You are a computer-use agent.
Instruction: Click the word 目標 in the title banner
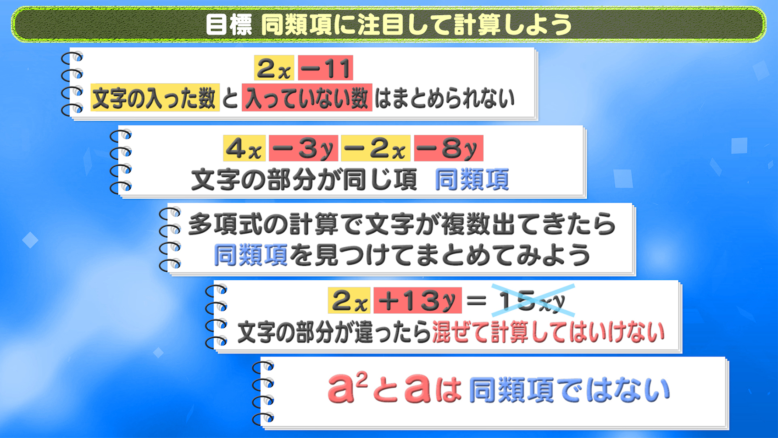coord(229,24)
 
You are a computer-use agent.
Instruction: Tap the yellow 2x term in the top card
coord(274,68)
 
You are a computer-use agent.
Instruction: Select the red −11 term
coord(325,68)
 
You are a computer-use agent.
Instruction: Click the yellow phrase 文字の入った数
coord(155,98)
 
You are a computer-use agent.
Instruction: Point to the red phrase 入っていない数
coord(307,98)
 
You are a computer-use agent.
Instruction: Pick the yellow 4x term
coord(244,149)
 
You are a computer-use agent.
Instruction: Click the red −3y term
coord(304,149)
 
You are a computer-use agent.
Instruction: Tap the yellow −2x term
coord(376,149)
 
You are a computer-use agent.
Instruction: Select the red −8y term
coord(449,149)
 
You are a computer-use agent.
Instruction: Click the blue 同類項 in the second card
coord(472,179)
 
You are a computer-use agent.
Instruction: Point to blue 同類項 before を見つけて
coord(251,255)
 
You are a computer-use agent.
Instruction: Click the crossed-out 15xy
coord(533,301)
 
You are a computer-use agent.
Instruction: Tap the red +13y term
coord(418,301)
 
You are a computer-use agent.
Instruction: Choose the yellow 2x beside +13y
coord(349,301)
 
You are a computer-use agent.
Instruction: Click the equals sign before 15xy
coord(476,301)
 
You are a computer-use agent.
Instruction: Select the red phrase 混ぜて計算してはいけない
coord(548,333)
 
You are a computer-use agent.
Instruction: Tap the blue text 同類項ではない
coord(569,390)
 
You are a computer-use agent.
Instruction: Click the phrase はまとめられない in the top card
coord(444,98)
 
